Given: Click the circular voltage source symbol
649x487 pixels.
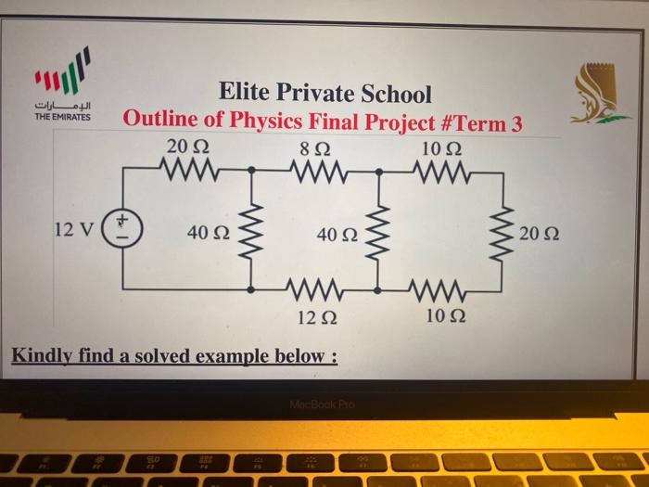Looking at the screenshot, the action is [122, 229].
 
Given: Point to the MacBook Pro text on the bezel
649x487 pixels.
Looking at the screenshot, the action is [322, 405].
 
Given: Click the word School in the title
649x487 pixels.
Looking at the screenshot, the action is [397, 93].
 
